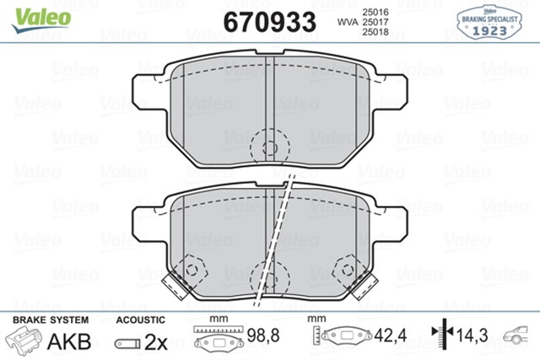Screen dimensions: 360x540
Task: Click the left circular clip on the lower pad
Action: (192, 271)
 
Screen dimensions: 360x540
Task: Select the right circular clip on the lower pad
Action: (347, 271)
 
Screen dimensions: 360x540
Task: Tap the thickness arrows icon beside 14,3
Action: (443, 338)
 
